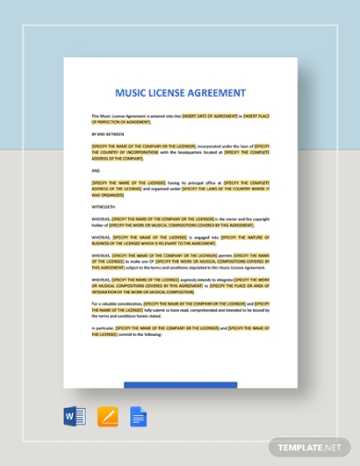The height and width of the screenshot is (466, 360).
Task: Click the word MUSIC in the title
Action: tap(131, 93)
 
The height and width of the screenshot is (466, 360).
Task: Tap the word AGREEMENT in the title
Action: tap(219, 93)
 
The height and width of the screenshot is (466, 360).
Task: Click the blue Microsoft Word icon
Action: tap(74, 416)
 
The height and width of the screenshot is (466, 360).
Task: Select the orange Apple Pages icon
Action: tap(107, 416)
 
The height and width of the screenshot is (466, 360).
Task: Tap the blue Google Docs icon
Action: tap(138, 416)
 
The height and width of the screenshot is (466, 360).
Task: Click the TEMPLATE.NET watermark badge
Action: tap(309, 448)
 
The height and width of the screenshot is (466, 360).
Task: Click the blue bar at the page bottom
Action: tap(180, 385)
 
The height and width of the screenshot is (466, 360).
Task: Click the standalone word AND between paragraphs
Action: tap(96, 171)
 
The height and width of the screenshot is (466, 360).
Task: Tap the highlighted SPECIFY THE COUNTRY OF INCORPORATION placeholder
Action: tap(126, 151)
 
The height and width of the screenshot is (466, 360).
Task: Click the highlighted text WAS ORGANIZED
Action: tap(108, 195)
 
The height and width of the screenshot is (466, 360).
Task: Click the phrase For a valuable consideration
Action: tap(117, 303)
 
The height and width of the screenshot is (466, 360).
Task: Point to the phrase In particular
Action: tap(102, 328)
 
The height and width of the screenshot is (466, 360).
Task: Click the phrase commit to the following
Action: tap(138, 334)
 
